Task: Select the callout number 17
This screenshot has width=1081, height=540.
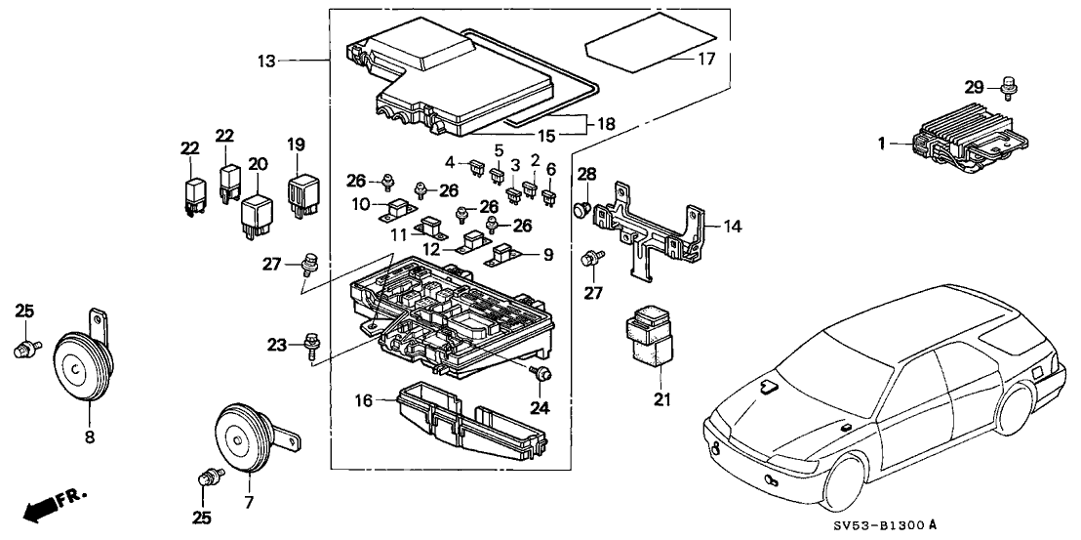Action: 706,59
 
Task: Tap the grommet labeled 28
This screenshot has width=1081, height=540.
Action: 583,207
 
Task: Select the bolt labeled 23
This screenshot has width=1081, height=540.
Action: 310,344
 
